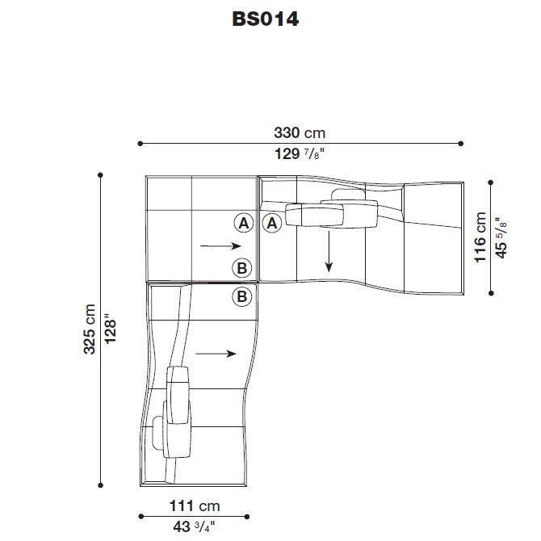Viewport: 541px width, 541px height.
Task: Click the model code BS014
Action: [x=266, y=19]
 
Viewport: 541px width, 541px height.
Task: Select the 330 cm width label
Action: [x=300, y=133]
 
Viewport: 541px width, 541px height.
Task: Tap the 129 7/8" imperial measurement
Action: [x=300, y=153]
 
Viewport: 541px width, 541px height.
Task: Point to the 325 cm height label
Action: [x=90, y=329]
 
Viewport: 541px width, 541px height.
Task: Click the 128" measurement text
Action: [x=111, y=329]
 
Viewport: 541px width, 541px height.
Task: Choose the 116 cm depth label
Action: [x=480, y=237]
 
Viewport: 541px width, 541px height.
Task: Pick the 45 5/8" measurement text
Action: [x=501, y=237]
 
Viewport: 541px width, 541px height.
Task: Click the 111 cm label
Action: [x=195, y=506]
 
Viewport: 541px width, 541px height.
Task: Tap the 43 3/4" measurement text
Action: [x=194, y=526]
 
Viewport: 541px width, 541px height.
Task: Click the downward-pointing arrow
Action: [x=329, y=251]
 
